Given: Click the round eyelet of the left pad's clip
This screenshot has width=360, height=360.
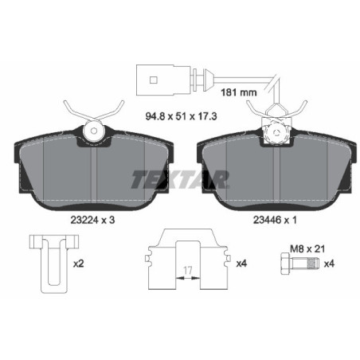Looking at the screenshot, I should tap(95, 130).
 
